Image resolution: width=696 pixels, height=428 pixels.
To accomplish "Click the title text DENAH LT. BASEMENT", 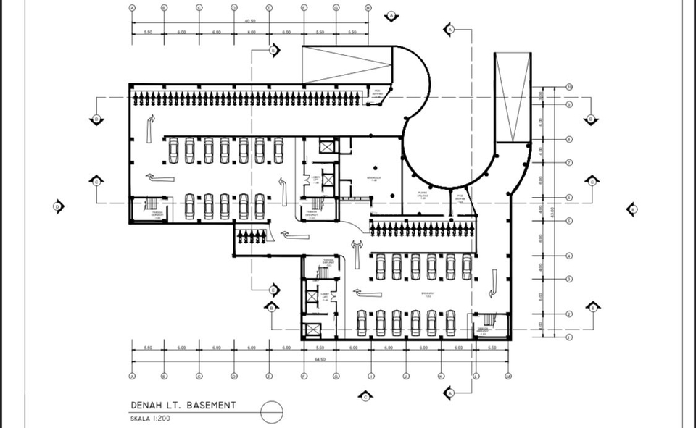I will [183, 406].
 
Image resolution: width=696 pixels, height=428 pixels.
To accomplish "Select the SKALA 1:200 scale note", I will [151, 419].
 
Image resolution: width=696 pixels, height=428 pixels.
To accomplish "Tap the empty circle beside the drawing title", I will [272, 411].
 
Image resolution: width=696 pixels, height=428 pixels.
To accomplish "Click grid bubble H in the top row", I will [368, 8].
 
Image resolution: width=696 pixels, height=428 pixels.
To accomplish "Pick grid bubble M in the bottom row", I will [508, 377].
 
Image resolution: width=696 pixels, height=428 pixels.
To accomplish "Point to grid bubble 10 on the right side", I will [570, 87].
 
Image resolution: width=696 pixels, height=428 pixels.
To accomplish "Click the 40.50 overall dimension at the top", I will [249, 21].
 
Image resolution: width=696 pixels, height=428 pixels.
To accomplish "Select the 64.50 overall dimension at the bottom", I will [320, 360].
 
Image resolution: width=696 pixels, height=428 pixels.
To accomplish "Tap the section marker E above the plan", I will [273, 50].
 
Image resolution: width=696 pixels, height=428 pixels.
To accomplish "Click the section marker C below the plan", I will [365, 396].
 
